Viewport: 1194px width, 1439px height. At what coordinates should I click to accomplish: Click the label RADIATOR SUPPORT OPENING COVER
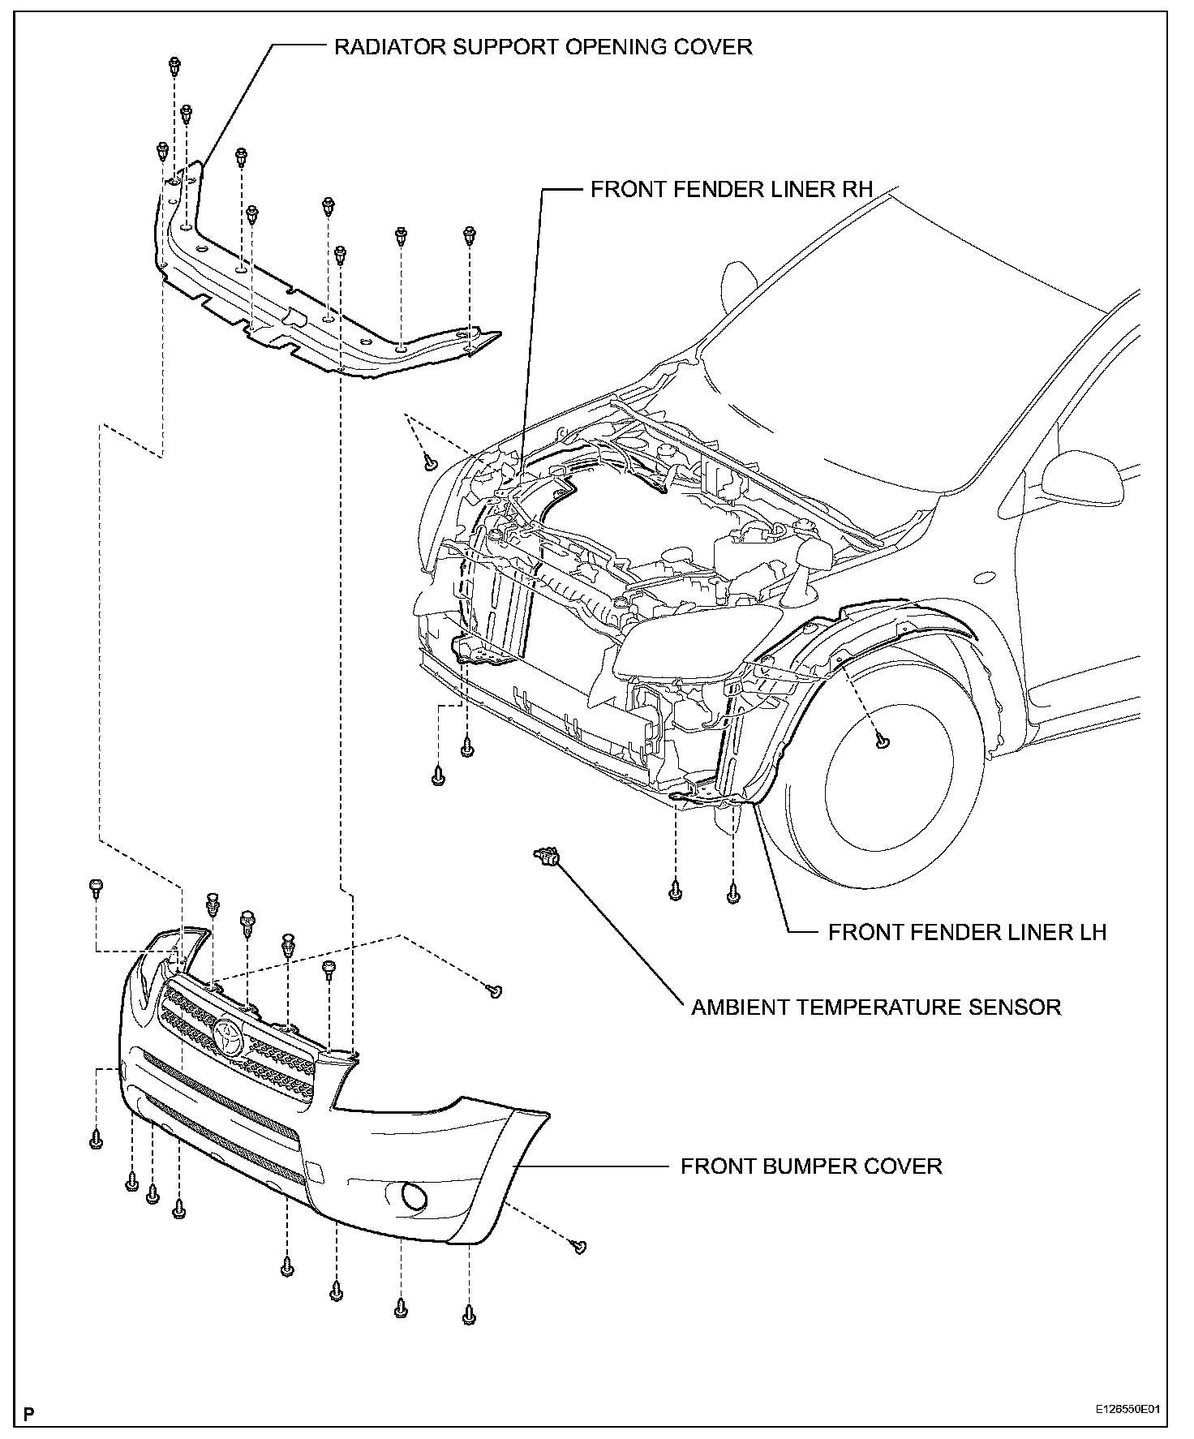click(543, 47)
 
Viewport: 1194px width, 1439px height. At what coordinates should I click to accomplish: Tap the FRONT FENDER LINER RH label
click(731, 190)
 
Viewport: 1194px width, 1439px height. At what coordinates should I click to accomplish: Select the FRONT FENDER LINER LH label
click(967, 932)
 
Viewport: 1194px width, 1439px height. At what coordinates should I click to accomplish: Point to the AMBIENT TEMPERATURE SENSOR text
click(876, 1007)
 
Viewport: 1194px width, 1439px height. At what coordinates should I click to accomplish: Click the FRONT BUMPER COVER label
click(811, 1166)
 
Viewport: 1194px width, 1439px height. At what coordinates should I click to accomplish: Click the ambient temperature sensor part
click(548, 855)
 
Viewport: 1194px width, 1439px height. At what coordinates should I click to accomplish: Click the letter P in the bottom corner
click(29, 1415)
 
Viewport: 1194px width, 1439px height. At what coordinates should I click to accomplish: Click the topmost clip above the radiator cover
click(174, 64)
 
